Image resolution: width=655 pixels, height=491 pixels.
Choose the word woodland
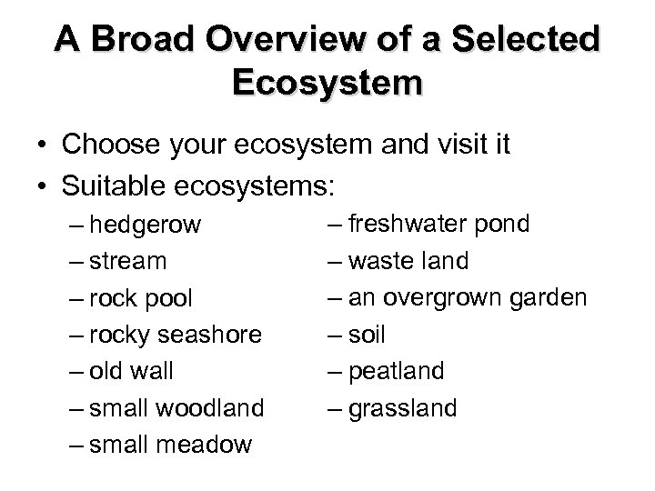(212, 408)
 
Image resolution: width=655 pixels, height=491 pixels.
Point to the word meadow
(206, 446)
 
